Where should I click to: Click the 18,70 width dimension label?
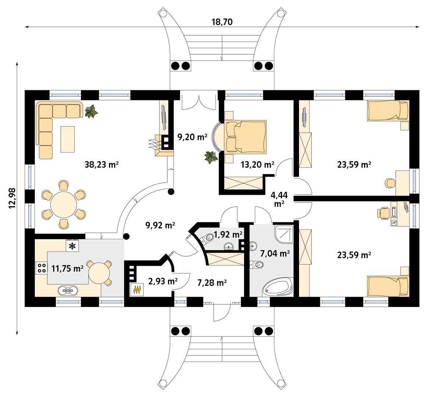(222, 22)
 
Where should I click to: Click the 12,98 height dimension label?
(13, 198)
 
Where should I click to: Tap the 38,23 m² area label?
(102, 165)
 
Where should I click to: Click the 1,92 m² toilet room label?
(228, 234)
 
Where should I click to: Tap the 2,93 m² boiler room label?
(163, 282)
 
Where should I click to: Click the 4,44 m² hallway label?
(279, 199)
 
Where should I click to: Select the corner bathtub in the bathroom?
(278, 287)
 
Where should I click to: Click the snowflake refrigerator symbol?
(72, 246)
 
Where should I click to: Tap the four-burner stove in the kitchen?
(41, 268)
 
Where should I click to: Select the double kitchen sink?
(68, 290)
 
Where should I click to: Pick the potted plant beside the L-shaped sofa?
(91, 111)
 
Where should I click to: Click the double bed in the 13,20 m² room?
(245, 136)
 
